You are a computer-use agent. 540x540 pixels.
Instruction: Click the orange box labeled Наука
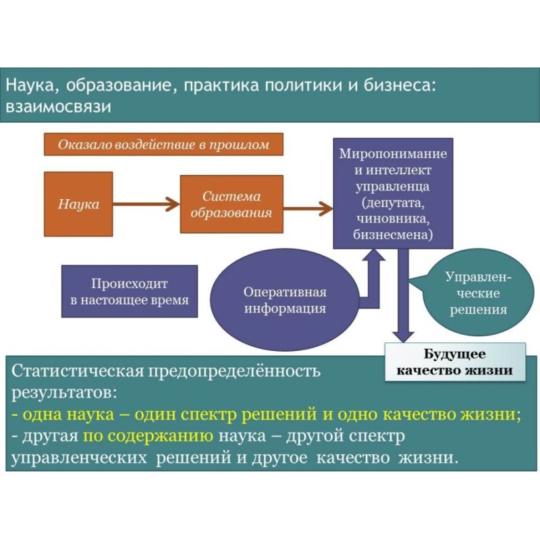[78, 204]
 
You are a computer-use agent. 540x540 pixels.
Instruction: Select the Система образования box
[231, 204]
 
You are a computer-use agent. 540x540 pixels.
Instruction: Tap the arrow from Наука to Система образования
[146, 203]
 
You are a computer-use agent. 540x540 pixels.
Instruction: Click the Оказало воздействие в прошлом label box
[163, 144]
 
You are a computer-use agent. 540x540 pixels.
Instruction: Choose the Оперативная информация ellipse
[285, 300]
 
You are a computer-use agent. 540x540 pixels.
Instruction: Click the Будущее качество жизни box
[454, 362]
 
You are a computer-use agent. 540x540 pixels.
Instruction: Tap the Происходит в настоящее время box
[130, 291]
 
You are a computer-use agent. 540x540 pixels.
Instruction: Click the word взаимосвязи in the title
[57, 107]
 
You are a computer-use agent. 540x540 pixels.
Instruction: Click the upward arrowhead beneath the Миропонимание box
[373, 259]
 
